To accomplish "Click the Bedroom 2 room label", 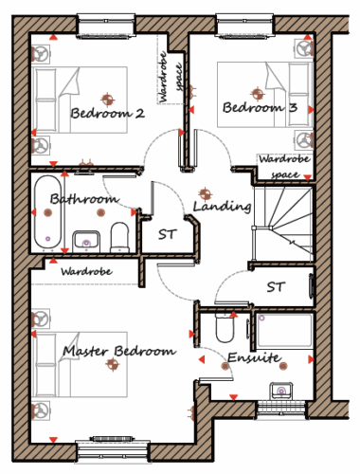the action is [108, 113].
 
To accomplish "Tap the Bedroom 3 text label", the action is [260, 107].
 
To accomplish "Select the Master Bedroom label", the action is [119, 351].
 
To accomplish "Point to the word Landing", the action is [223, 207].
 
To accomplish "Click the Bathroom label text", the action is [84, 199].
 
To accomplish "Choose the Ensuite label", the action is [254, 357].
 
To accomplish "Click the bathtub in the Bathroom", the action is [47, 211].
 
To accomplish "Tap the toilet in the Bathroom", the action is [119, 237].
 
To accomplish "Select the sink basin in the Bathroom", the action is [86, 241].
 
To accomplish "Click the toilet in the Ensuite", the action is [225, 328].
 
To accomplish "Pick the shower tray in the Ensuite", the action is [285, 331].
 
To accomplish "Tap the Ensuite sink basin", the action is [281, 391].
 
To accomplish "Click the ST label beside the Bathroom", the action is [167, 234].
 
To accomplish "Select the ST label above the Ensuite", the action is [276, 287].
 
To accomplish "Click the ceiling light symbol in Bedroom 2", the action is [108, 100].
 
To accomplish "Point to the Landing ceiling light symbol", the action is [205, 194].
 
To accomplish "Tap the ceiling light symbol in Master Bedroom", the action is [112, 364].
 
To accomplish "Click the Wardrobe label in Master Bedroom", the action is [86, 271].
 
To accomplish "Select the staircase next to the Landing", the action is [283, 224].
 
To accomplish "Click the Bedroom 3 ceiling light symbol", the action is [258, 94].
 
